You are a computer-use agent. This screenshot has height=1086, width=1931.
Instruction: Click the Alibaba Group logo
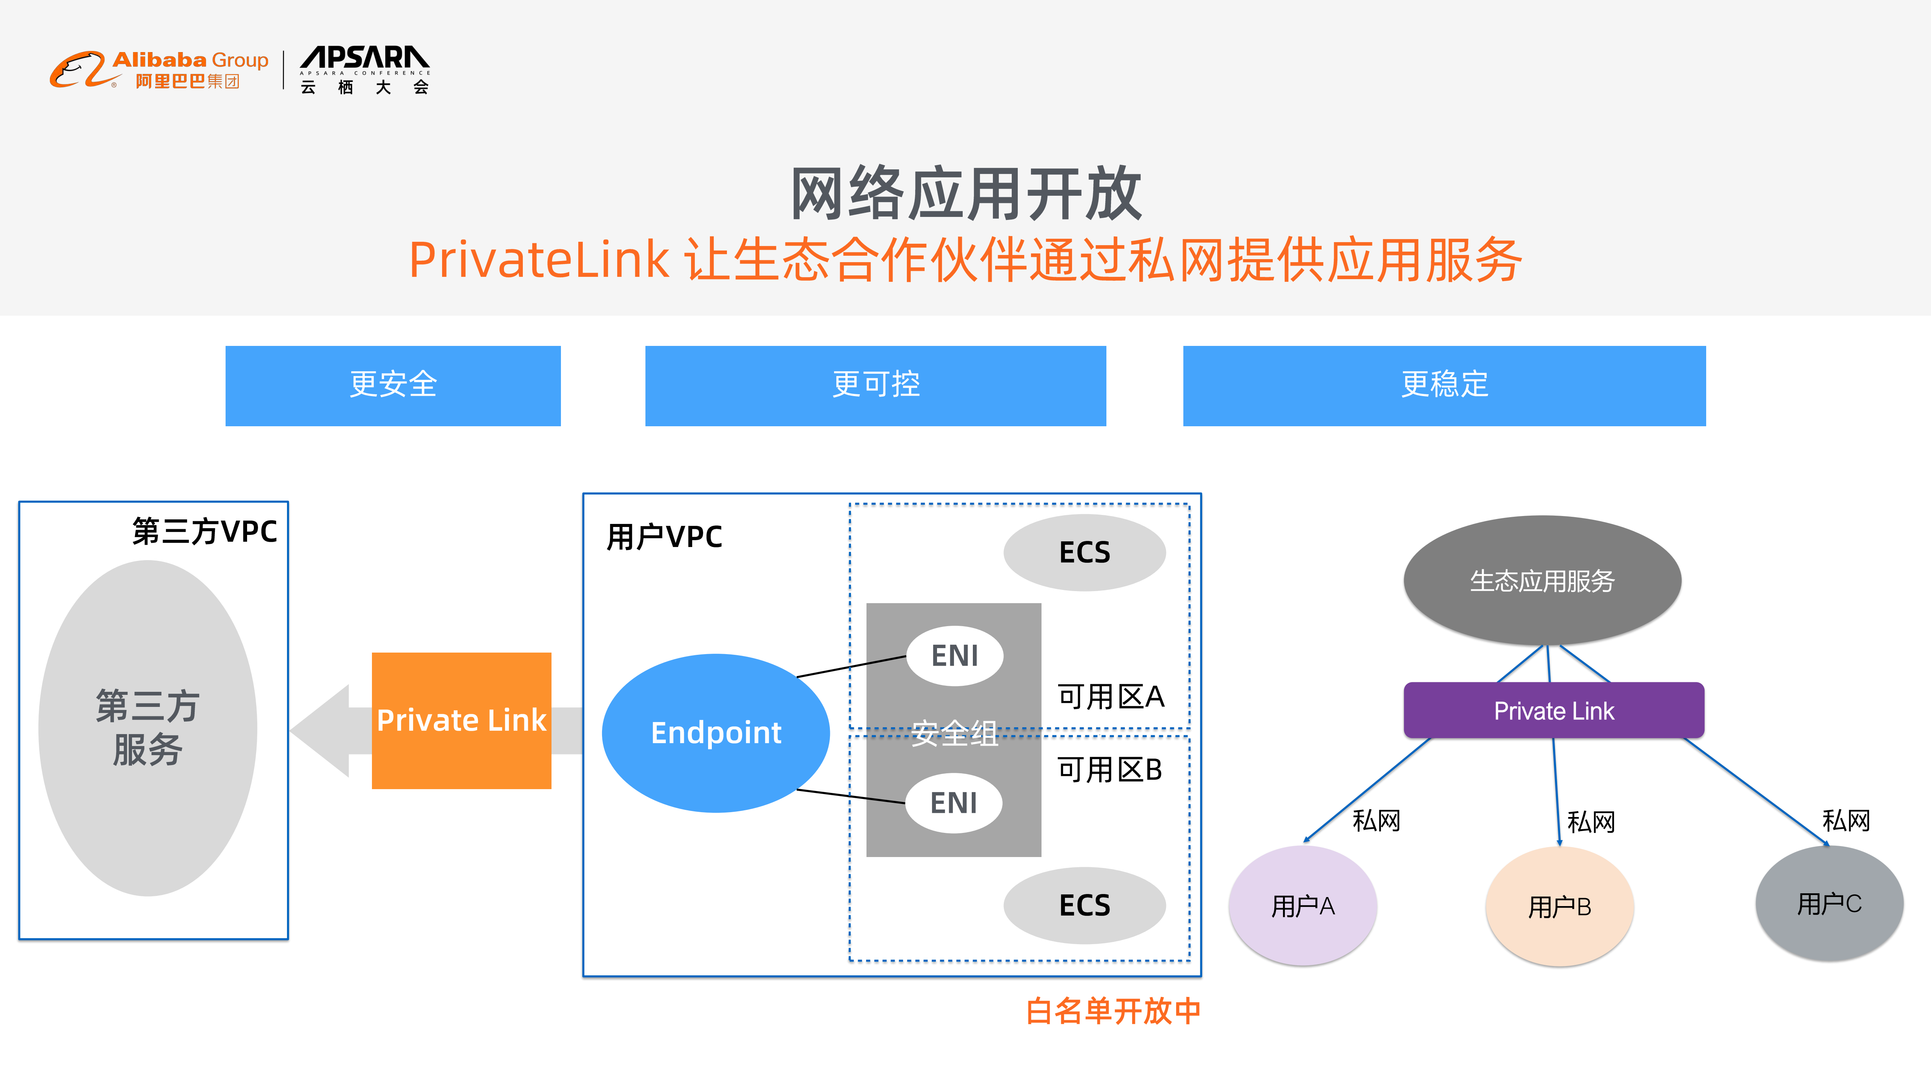[159, 70]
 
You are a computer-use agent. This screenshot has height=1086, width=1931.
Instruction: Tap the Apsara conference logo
[365, 70]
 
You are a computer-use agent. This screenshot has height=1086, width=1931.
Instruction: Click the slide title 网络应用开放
[966, 194]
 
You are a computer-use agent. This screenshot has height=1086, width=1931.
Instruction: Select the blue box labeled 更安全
[393, 385]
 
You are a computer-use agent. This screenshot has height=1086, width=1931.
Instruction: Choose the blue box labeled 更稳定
[1444, 385]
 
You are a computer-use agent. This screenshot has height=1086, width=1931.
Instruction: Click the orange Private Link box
[461, 720]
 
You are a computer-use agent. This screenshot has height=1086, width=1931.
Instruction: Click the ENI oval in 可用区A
[954, 656]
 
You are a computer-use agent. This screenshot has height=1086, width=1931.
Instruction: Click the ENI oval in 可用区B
[954, 803]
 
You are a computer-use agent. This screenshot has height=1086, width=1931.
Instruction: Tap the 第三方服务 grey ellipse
[147, 727]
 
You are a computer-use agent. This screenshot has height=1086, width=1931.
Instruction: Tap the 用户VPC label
[664, 537]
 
